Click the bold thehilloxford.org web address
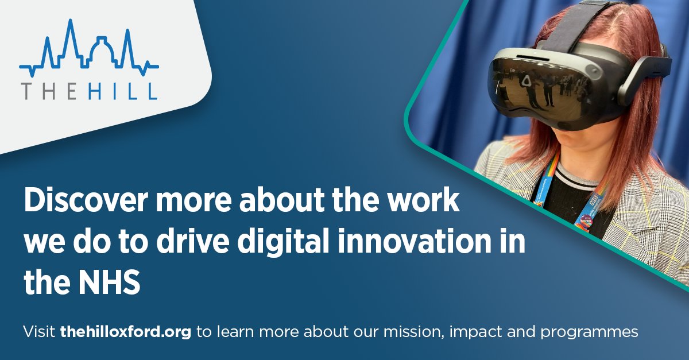point(125,332)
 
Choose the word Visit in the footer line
point(39,332)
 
